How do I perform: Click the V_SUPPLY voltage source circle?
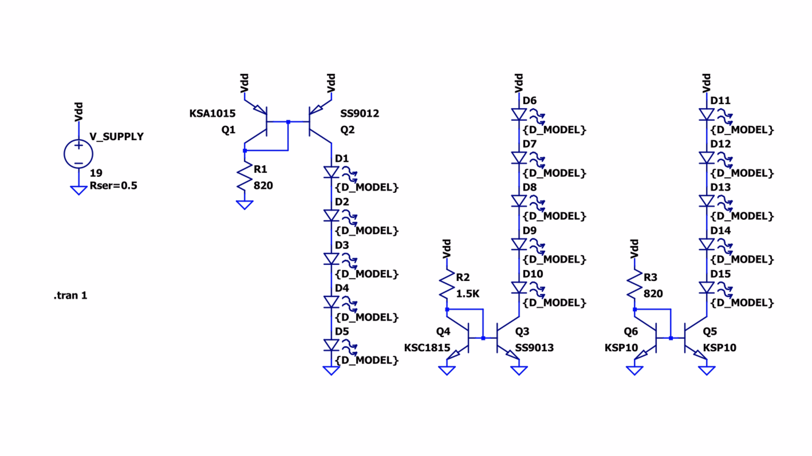tap(79, 154)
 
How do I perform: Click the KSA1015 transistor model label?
tap(212, 113)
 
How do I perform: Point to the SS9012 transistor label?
tap(360, 113)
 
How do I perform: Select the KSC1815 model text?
tap(427, 347)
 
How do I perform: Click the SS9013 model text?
tap(534, 347)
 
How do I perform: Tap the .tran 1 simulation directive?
tap(70, 295)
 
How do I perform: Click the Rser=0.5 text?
tap(113, 185)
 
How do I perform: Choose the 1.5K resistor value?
tap(468, 293)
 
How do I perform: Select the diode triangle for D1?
tap(331, 172)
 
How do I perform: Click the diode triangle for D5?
tap(331, 345)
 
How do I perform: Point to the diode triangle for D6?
tap(519, 114)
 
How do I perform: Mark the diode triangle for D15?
tap(707, 288)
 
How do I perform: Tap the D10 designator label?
tap(532, 274)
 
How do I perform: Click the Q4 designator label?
tap(443, 331)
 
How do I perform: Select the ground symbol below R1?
tap(245, 205)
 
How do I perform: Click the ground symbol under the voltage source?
tap(79, 190)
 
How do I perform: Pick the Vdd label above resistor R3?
tap(635, 249)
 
